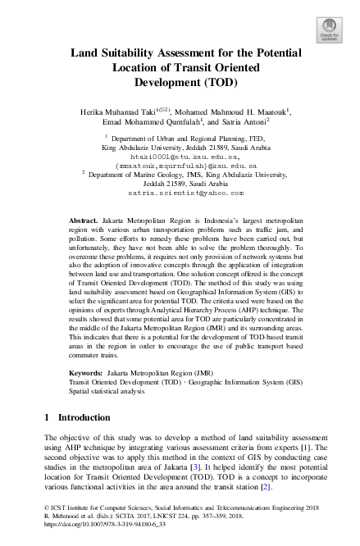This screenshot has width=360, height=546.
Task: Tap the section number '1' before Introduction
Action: tap(47, 417)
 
